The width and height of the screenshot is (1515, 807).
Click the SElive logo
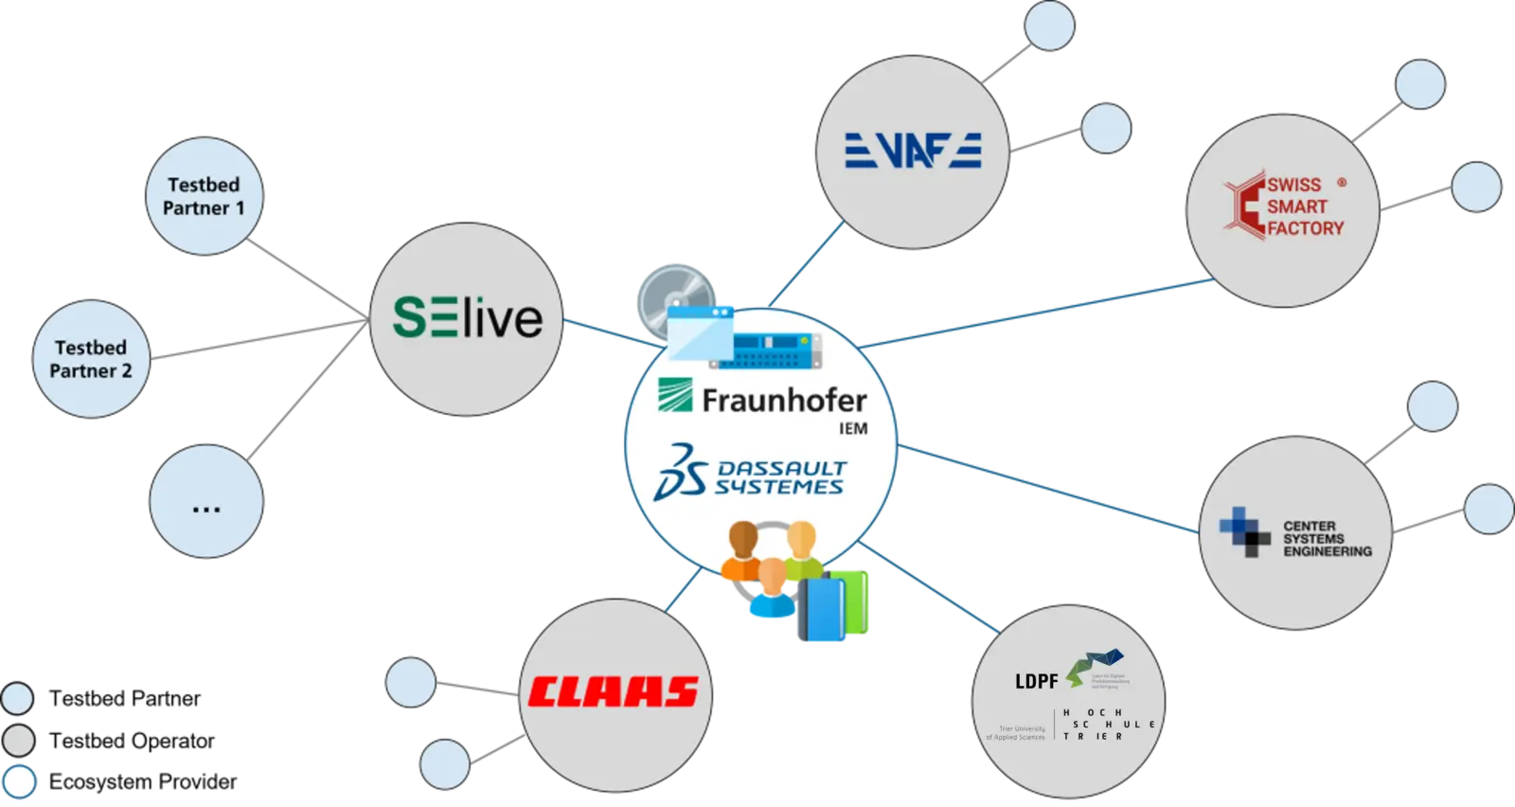(x=467, y=318)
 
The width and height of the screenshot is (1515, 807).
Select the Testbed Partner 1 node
(x=204, y=197)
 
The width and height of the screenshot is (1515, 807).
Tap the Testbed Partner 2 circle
(x=91, y=359)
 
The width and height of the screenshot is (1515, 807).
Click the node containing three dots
(x=205, y=503)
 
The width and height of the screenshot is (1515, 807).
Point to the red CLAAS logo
(x=614, y=692)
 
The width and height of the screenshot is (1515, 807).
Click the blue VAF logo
(x=913, y=150)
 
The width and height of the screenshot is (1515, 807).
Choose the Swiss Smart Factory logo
(x=1284, y=206)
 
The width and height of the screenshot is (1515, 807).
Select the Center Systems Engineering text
(x=1326, y=539)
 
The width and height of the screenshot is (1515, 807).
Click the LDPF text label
(x=1036, y=681)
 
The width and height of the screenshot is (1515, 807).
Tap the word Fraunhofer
(x=784, y=400)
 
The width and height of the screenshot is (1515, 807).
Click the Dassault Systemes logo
(x=750, y=474)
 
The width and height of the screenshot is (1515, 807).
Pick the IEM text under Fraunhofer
(x=853, y=429)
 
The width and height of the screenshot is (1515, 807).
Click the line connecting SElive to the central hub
(x=603, y=331)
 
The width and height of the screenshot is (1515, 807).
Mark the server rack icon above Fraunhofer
(x=764, y=351)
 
